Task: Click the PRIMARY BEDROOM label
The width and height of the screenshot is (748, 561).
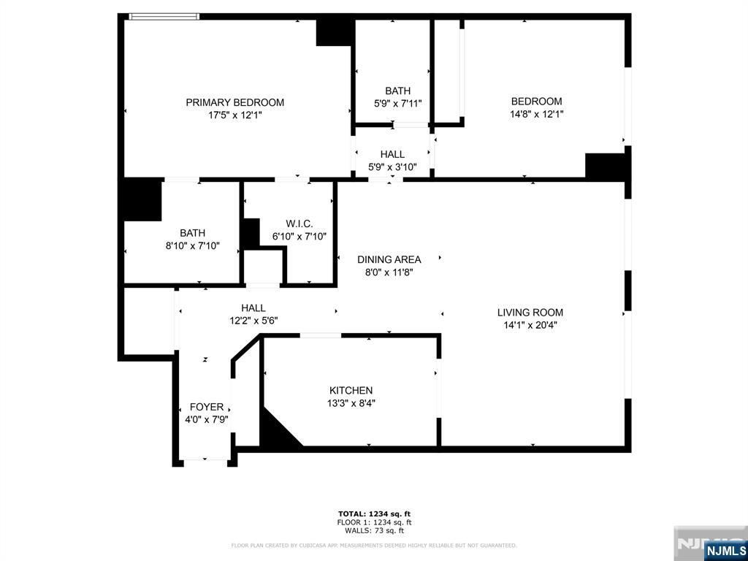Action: (x=234, y=102)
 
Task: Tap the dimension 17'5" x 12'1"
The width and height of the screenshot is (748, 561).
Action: (x=234, y=115)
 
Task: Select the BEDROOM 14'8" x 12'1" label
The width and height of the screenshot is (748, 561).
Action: (x=536, y=102)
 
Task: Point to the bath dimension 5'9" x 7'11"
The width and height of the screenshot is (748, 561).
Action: (x=397, y=104)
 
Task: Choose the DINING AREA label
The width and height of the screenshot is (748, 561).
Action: (x=389, y=259)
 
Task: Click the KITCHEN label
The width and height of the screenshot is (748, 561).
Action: (x=351, y=391)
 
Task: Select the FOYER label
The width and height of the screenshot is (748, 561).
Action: (x=207, y=407)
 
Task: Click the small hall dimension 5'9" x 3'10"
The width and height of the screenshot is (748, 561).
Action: (x=392, y=167)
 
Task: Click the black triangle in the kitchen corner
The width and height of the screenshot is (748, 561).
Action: (x=275, y=431)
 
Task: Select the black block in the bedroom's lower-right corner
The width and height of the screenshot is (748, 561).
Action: (x=606, y=166)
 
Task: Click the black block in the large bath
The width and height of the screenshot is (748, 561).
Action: (x=142, y=199)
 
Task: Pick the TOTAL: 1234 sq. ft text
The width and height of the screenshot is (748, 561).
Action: (x=374, y=514)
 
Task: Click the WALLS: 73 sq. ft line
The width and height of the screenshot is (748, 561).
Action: (x=374, y=530)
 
